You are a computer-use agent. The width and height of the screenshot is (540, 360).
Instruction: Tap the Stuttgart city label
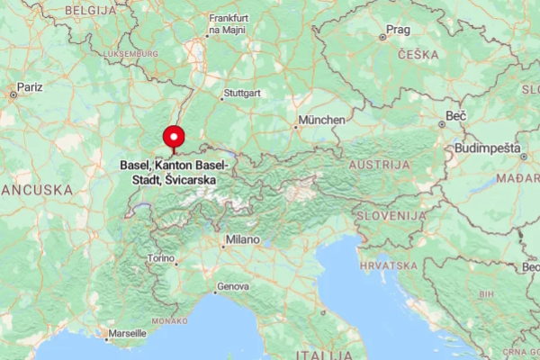(x=243, y=94)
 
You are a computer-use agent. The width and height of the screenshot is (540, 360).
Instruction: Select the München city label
(x=323, y=120)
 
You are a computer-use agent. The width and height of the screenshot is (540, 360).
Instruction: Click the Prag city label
(x=398, y=30)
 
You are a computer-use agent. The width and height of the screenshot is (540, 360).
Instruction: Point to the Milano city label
(x=242, y=240)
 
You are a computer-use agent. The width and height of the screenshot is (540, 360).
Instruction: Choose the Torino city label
(x=162, y=258)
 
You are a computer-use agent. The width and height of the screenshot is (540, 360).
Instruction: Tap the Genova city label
(x=233, y=287)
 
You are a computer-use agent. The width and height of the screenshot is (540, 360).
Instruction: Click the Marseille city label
(x=127, y=333)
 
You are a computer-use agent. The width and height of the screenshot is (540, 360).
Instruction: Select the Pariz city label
(x=30, y=87)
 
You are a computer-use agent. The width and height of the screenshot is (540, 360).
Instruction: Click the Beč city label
(x=456, y=116)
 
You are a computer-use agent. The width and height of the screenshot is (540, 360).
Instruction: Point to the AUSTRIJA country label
(x=380, y=166)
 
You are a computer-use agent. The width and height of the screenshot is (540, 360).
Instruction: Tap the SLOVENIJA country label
(x=390, y=217)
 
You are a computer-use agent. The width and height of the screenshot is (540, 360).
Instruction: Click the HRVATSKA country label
(x=389, y=265)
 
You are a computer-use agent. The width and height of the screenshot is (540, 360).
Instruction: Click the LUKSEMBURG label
(x=130, y=54)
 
